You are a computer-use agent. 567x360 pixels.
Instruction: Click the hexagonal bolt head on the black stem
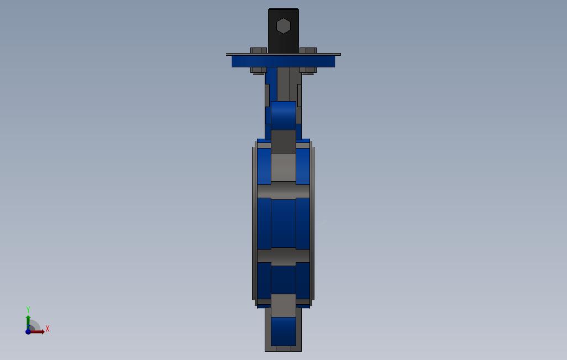[x=283, y=26]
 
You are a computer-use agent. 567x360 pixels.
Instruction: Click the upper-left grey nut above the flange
[x=258, y=50]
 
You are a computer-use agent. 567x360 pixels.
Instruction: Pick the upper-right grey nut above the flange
[x=308, y=50]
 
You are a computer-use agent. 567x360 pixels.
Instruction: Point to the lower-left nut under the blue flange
[x=258, y=70]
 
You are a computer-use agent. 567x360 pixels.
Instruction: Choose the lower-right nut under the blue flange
[x=308, y=70]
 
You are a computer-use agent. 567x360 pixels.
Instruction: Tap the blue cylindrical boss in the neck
[x=283, y=115]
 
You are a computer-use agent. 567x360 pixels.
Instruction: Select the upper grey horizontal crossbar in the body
[x=283, y=191]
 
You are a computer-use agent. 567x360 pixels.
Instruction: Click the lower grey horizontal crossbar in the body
[x=283, y=256]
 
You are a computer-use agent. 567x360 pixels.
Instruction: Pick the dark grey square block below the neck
[x=283, y=141]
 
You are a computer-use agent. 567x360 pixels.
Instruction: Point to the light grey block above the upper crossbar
[x=283, y=167]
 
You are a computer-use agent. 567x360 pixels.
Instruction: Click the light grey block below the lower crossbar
[x=283, y=305]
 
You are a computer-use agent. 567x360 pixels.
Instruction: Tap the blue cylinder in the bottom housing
[x=283, y=331]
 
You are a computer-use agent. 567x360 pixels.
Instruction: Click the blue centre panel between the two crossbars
[x=283, y=223]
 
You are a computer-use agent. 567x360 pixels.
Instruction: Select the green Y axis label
[x=28, y=310]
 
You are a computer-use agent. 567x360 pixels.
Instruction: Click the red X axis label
[x=48, y=329]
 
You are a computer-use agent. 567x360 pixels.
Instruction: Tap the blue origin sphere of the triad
[x=28, y=332]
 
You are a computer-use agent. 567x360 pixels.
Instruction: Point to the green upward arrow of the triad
[x=28, y=320]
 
